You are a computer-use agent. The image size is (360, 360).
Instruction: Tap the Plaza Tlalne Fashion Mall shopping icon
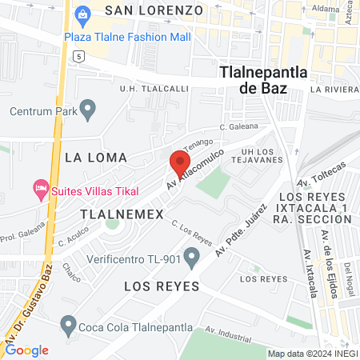click(82, 14)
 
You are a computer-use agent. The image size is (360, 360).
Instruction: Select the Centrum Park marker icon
click(89, 107)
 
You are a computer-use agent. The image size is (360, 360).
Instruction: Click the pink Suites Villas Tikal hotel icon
click(39, 190)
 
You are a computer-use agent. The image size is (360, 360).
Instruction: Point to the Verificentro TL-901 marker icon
click(191, 257)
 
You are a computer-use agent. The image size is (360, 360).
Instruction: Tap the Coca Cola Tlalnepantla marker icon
click(68, 326)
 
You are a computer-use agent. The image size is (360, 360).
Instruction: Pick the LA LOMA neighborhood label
click(96, 156)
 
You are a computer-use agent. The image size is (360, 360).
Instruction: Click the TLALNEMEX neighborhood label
click(122, 214)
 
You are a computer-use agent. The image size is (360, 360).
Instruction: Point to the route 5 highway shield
click(78, 56)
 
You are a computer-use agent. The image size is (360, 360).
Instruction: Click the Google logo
click(26, 350)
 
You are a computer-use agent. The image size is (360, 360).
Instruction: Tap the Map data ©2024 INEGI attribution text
click(312, 354)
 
